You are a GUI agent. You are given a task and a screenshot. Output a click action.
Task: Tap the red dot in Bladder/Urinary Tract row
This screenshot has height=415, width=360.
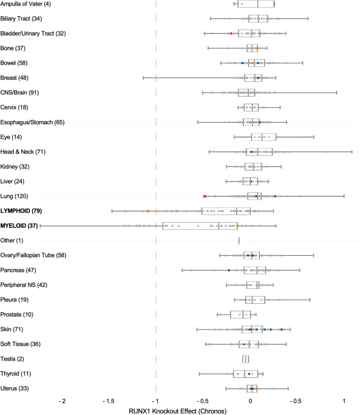231,34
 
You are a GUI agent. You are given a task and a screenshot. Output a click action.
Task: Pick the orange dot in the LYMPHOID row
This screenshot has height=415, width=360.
147,211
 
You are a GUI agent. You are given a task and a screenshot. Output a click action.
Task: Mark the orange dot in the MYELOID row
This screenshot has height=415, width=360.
237,225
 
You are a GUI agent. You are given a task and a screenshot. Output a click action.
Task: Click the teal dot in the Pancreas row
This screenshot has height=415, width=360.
229,270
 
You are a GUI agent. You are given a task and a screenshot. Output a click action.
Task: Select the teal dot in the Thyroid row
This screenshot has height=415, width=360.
249,374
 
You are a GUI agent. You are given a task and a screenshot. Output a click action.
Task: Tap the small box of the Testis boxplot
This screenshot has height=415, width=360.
246,359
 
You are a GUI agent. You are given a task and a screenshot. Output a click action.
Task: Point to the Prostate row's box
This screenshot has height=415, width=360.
240,314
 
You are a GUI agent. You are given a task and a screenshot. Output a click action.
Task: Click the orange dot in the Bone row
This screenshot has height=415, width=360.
256,48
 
